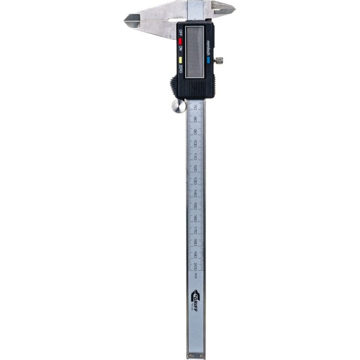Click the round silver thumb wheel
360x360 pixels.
coord(178,106)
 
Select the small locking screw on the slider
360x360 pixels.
coord(219,60)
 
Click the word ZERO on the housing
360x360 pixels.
coord(180,69)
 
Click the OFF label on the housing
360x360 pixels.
coord(180,33)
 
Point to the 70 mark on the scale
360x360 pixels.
coord(194,107)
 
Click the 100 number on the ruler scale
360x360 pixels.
coord(195,143)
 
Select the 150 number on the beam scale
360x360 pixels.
coord(196,205)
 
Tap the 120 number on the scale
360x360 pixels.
coord(195,168)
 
